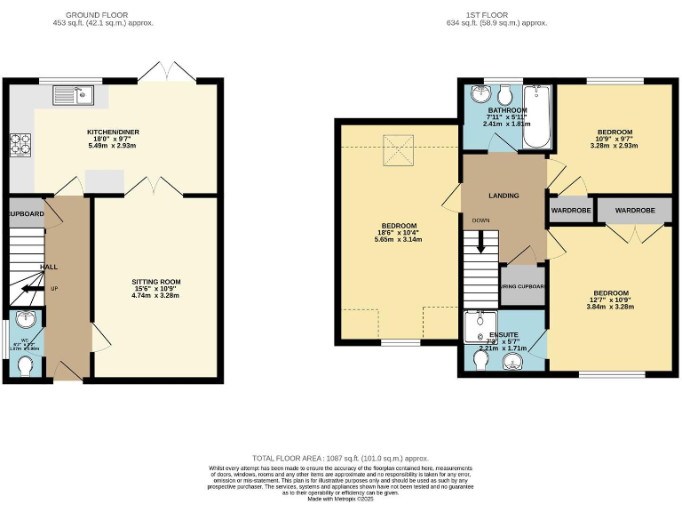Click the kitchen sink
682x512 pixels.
click(x=73, y=92)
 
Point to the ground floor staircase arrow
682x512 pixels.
click(x=32, y=288)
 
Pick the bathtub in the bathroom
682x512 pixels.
click(x=536, y=116)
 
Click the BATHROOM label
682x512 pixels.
click(x=507, y=109)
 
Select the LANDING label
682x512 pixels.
click(x=504, y=196)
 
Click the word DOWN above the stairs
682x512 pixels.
click(x=480, y=220)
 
